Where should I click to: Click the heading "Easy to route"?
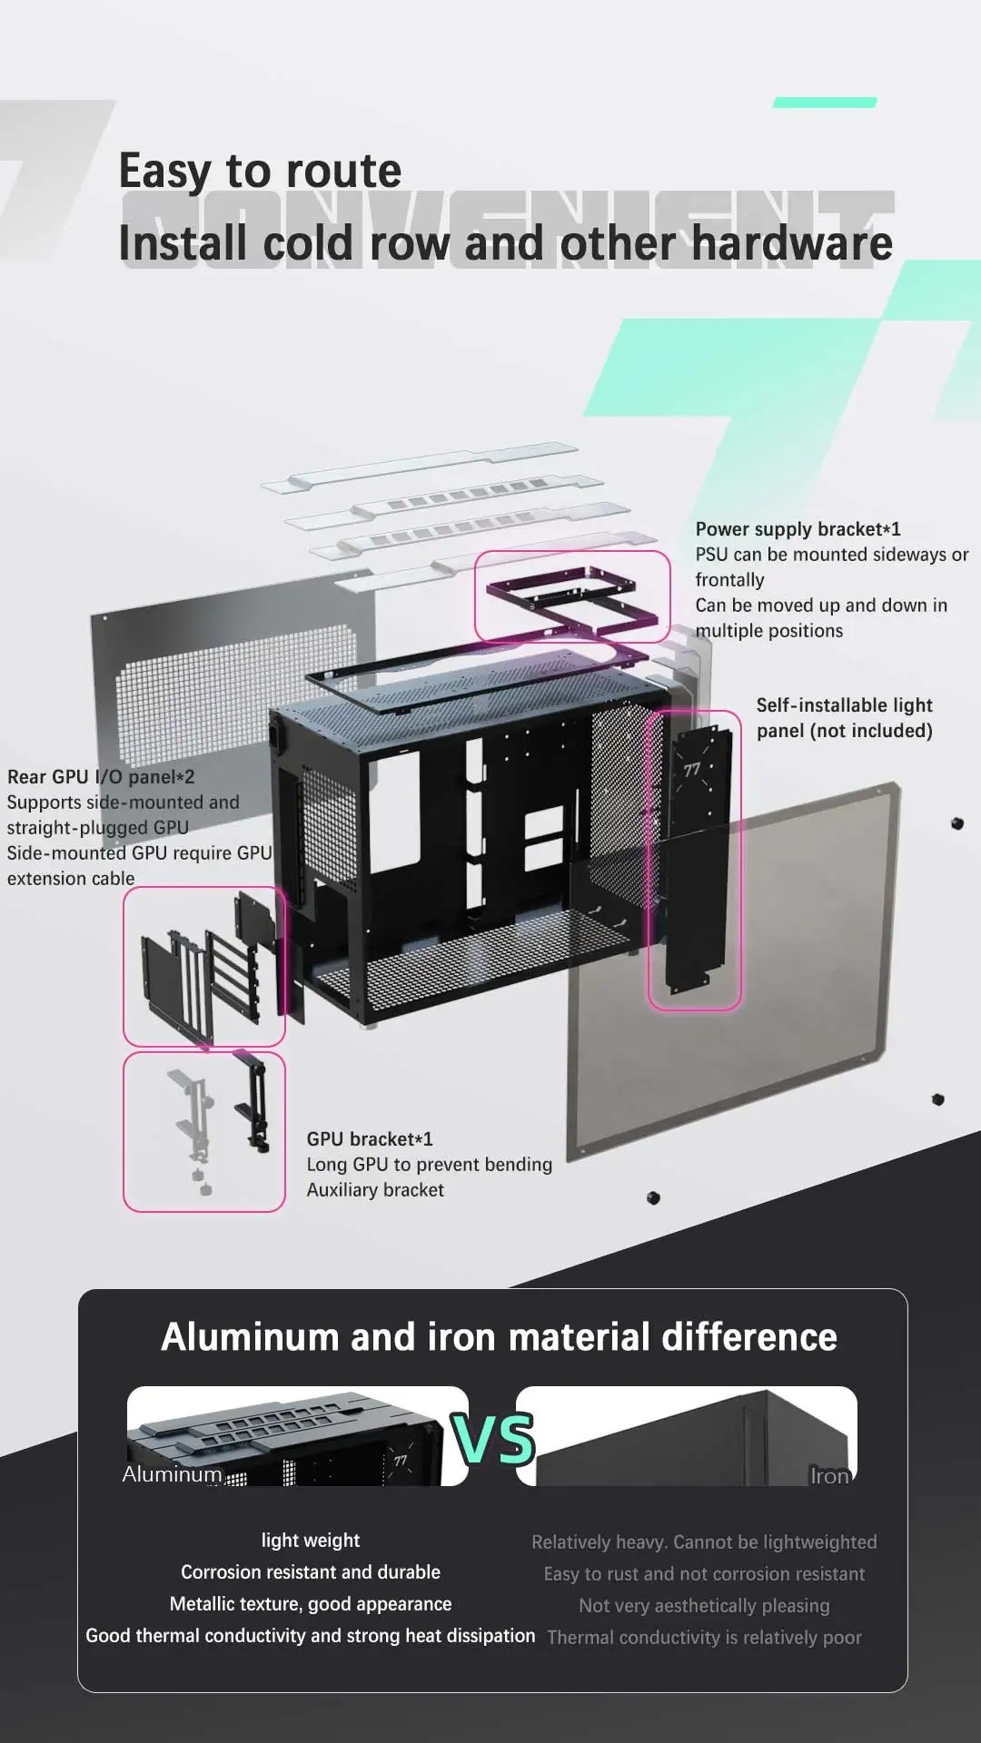click(260, 171)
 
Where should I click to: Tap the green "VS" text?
click(493, 1440)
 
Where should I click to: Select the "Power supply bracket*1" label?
click(798, 529)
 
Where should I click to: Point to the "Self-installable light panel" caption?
click(844, 718)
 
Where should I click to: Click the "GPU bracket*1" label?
click(370, 1139)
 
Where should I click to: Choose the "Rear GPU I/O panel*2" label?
click(101, 777)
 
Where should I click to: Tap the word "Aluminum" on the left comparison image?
click(172, 1474)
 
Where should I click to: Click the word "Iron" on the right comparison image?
click(829, 1476)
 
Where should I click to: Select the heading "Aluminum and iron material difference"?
click(499, 1337)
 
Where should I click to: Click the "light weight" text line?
click(311, 1541)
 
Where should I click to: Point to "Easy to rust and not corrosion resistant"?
click(704, 1574)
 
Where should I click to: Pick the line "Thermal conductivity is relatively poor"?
click(704, 1638)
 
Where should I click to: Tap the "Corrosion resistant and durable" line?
click(311, 1572)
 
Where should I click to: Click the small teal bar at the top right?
click(825, 103)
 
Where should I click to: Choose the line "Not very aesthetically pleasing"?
click(704, 1606)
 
